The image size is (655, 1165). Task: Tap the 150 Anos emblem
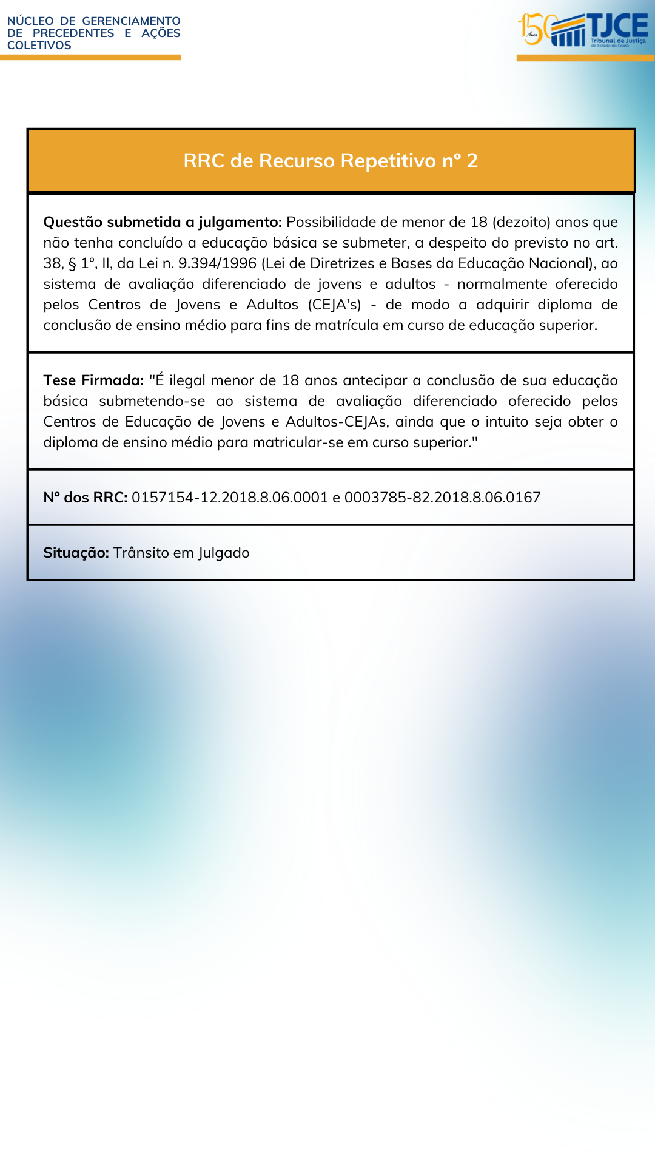534,29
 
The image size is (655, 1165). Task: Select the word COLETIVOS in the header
39,46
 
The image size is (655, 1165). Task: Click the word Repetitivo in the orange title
388,161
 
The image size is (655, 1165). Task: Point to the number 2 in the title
472,161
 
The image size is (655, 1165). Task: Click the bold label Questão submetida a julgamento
163,222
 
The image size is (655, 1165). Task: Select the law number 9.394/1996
217,263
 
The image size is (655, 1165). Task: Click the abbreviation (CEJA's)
334,305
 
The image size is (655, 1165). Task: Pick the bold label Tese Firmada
93,380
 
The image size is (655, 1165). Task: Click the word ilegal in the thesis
187,380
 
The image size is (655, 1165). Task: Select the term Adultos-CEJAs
337,422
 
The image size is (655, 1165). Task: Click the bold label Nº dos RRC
86,498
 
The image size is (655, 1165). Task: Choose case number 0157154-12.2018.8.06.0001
230,498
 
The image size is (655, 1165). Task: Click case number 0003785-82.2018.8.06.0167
442,498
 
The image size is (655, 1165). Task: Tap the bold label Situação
76,553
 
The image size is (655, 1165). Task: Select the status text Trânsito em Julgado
181,553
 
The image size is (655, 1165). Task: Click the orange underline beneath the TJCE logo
585,58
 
